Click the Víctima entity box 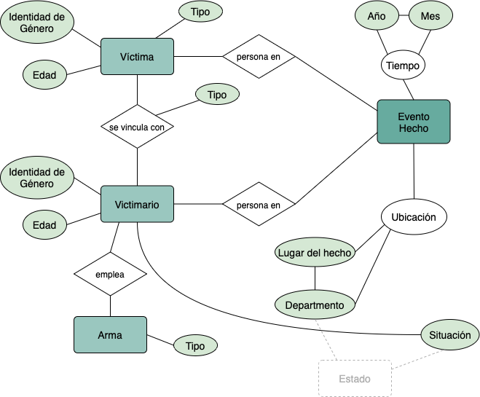click(137, 56)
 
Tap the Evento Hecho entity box click(414, 122)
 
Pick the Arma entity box click(110, 335)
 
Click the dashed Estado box click(355, 379)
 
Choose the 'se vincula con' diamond click(137, 127)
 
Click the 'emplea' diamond click(110, 275)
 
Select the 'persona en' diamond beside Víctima click(259, 56)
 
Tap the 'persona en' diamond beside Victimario click(259, 205)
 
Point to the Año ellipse click(377, 15)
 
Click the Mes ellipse click(431, 15)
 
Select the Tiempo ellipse click(403, 66)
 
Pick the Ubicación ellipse click(414, 217)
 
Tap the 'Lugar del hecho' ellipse click(315, 253)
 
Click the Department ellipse click(315, 305)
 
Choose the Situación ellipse click(450, 335)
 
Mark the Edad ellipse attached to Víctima click(44, 74)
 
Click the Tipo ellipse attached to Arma click(195, 346)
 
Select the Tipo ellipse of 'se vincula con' click(217, 95)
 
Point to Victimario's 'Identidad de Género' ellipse click(37, 178)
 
